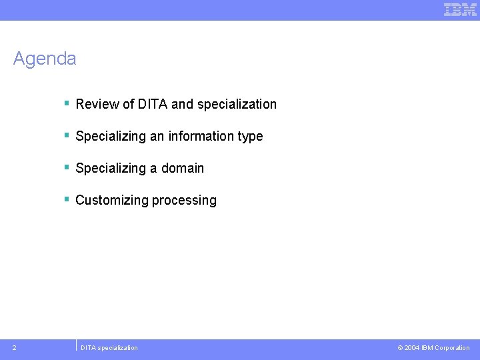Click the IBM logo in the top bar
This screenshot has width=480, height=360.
(460, 9)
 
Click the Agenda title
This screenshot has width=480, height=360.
(45, 59)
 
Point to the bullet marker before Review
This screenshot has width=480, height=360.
(67, 103)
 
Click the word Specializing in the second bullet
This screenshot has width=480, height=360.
(111, 136)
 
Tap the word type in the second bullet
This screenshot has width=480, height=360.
(250, 137)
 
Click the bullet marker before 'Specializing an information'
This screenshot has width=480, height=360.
(67, 135)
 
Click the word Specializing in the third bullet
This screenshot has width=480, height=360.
(111, 168)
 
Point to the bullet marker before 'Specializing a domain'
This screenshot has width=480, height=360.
(67, 167)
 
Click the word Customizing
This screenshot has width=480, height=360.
(112, 200)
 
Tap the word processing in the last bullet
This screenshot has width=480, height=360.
(184, 201)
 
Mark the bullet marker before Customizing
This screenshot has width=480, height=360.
(67, 199)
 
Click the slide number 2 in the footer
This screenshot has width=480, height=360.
(15, 347)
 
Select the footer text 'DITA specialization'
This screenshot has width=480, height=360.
(109, 348)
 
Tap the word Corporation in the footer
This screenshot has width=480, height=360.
(452, 348)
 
